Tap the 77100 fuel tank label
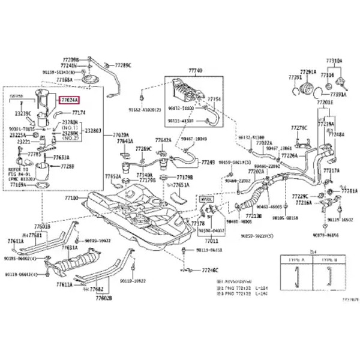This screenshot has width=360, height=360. [x=72, y=197]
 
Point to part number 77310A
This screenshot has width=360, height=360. [x=334, y=61]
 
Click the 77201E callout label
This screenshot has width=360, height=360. [x=325, y=103]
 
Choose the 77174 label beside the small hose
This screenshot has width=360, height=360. [x=79, y=112]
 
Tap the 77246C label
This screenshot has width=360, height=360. [x=209, y=270]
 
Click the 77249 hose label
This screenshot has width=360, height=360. [x=208, y=162]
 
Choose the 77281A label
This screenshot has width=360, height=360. [x=349, y=191]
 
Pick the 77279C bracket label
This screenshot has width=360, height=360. [x=299, y=128]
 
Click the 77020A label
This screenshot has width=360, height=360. [x=121, y=135]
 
